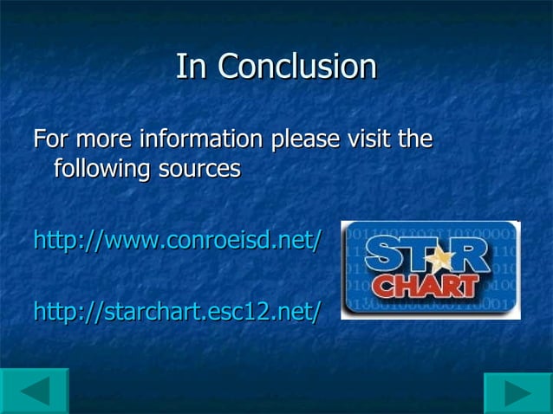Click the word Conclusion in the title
[x=297, y=67]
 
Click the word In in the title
[x=192, y=67]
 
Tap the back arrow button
[x=35, y=391]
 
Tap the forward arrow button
[x=517, y=392]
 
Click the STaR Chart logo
[x=430, y=269]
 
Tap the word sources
[x=198, y=169]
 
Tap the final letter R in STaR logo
[x=472, y=257]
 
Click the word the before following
[x=416, y=139]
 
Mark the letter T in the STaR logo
[x=412, y=257]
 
